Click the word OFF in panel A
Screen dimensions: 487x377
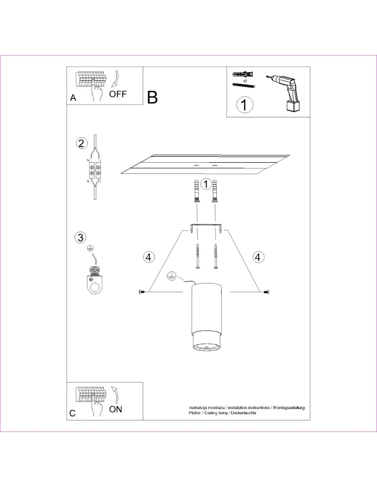tap(117, 94)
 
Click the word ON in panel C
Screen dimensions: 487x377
tap(115, 409)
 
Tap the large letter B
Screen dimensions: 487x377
tap(152, 97)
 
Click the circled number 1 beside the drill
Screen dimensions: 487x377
tap(245, 105)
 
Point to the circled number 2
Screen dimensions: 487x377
tap(81, 143)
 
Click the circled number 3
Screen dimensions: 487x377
tap(80, 238)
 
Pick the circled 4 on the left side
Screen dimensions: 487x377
tap(149, 256)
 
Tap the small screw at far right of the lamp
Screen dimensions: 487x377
tap(266, 292)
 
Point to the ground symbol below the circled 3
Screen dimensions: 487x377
tap(90, 248)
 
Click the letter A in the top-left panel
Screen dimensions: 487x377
tap(73, 97)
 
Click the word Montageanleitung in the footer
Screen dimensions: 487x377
tap(289, 407)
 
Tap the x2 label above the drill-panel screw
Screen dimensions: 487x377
tap(245, 79)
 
